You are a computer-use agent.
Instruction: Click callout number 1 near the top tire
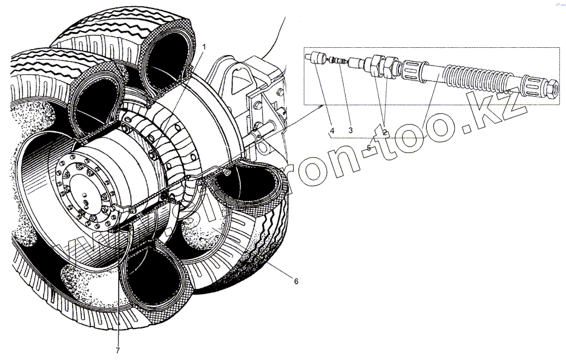pos(205,47)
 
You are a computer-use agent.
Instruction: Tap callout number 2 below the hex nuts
pos(386,131)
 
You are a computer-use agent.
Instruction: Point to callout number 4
pos(332,129)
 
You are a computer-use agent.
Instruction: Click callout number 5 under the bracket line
pos(369,147)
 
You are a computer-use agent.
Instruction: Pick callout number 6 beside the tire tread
pos(296,281)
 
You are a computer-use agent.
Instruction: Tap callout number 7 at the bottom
pos(118,350)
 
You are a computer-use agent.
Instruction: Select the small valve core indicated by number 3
pos(343,61)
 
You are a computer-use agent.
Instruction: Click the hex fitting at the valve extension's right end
pos(553,88)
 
